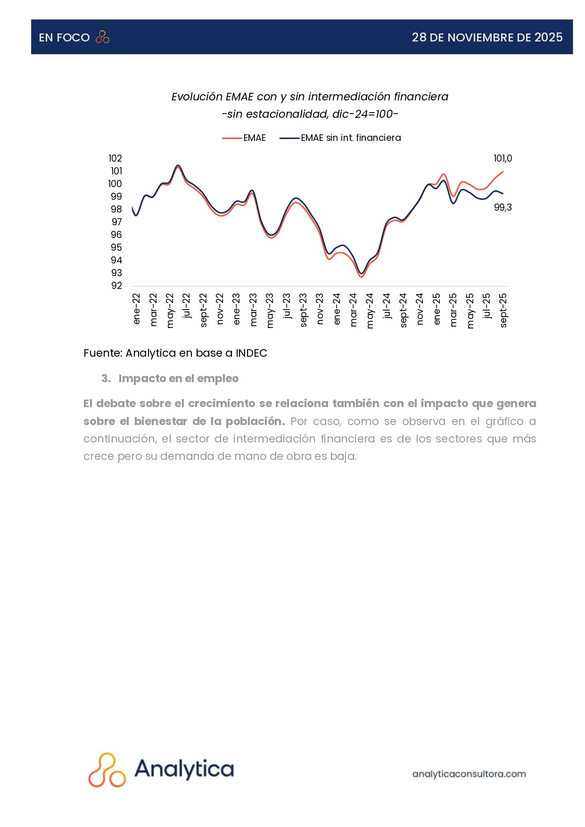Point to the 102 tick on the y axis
click(x=115, y=158)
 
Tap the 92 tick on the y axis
click(x=116, y=286)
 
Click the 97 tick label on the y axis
click(x=116, y=222)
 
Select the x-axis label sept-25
click(x=503, y=310)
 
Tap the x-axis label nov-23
click(x=320, y=309)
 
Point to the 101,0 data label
click(x=503, y=159)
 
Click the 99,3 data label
click(x=503, y=207)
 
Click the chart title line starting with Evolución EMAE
click(x=310, y=97)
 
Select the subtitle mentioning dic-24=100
click(x=310, y=114)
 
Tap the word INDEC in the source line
click(x=251, y=353)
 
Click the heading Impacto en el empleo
click(x=178, y=378)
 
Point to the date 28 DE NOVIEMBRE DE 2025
click(x=487, y=38)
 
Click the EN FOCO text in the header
click(x=64, y=38)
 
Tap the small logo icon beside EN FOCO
click(x=102, y=37)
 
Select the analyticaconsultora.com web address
click(x=469, y=774)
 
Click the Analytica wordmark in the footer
click(x=184, y=769)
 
